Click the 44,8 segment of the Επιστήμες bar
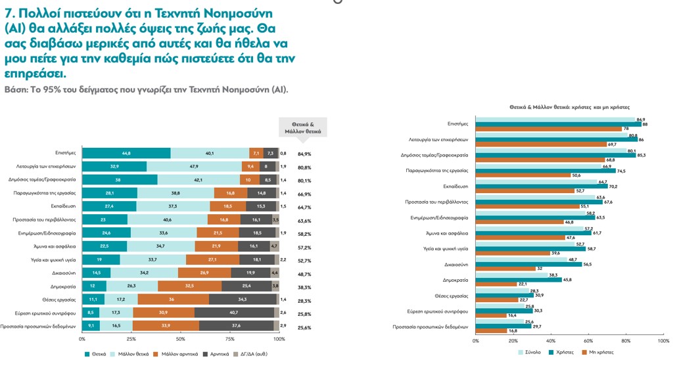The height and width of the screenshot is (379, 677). (x=126, y=153)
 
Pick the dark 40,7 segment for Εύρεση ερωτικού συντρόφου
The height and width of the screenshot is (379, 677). (x=233, y=313)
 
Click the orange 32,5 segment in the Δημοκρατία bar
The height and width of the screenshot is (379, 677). (x=189, y=286)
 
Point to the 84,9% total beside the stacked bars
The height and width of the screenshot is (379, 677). (x=304, y=154)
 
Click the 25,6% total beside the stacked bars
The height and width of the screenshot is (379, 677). (x=304, y=327)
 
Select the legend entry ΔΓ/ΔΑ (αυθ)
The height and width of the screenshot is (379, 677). (x=251, y=354)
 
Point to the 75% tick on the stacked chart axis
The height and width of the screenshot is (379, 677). (x=230, y=340)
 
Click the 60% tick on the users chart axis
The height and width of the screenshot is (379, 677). (x=589, y=341)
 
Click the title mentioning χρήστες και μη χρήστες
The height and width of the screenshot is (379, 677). (x=569, y=106)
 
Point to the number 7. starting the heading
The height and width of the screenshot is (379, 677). (x=11, y=13)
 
